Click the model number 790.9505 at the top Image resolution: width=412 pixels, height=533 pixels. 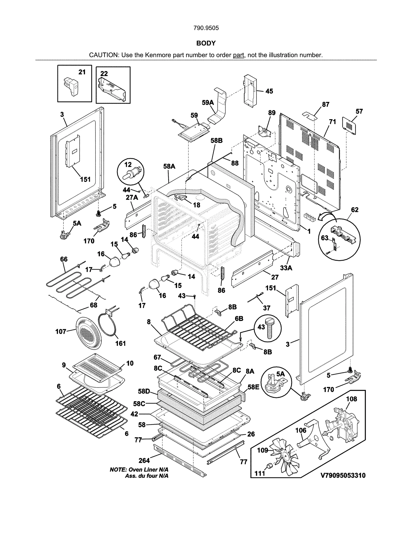[x=206, y=28]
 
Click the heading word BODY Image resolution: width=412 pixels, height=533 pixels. [x=206, y=43]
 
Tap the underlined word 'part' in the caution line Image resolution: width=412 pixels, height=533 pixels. [x=238, y=55]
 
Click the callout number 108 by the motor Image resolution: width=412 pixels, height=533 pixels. [x=351, y=399]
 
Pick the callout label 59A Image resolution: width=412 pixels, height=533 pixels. [x=208, y=103]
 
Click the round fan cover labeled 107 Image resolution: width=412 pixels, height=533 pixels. [x=89, y=333]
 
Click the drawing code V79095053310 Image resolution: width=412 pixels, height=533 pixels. [x=343, y=475]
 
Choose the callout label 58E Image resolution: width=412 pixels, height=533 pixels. [x=253, y=387]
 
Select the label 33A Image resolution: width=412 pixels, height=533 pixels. [x=286, y=268]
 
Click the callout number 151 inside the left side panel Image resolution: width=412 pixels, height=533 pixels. [x=85, y=179]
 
